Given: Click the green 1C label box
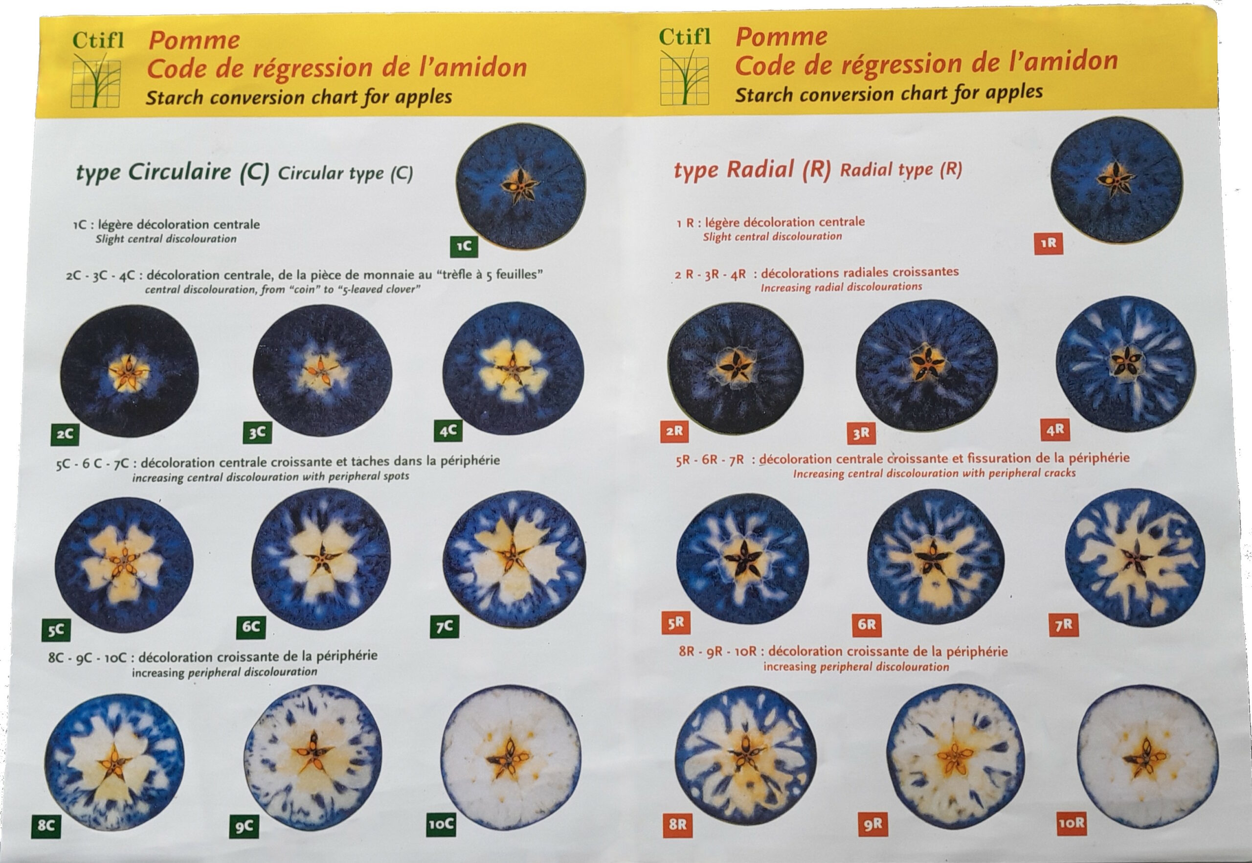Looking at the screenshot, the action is [x=464, y=247].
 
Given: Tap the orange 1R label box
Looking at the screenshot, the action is [x=1048, y=243].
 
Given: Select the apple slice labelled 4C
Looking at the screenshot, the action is [x=513, y=368].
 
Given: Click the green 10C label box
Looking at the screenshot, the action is [x=441, y=825].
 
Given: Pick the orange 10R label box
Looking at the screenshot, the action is [x=1072, y=823].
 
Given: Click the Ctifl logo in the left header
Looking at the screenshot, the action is [x=97, y=69].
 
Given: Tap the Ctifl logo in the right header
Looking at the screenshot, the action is [x=684, y=66].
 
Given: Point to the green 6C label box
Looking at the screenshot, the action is [x=251, y=627].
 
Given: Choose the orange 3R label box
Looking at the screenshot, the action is [x=861, y=432].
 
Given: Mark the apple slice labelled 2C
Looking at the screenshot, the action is [x=130, y=370].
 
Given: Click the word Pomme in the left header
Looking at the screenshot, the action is [x=194, y=41].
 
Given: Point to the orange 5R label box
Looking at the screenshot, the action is [x=676, y=623].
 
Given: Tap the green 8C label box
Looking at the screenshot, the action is [x=46, y=826].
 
